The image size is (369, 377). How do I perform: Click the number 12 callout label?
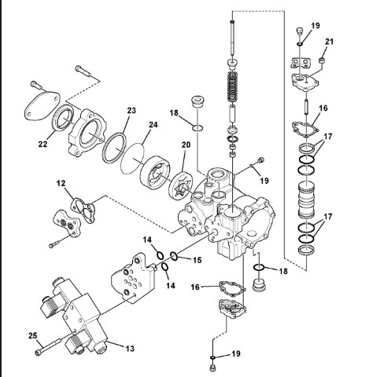[61, 183]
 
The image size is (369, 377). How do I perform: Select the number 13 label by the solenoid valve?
[130, 349]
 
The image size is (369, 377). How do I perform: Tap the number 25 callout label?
[33, 335]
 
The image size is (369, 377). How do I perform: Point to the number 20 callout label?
[186, 145]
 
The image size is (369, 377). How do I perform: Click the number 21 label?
[330, 42]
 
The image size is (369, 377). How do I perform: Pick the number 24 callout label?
[153, 125]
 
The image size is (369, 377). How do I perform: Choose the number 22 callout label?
[42, 144]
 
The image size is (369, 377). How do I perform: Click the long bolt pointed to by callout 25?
[48, 346]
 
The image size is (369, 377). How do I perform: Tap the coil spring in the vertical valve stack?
[233, 87]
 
